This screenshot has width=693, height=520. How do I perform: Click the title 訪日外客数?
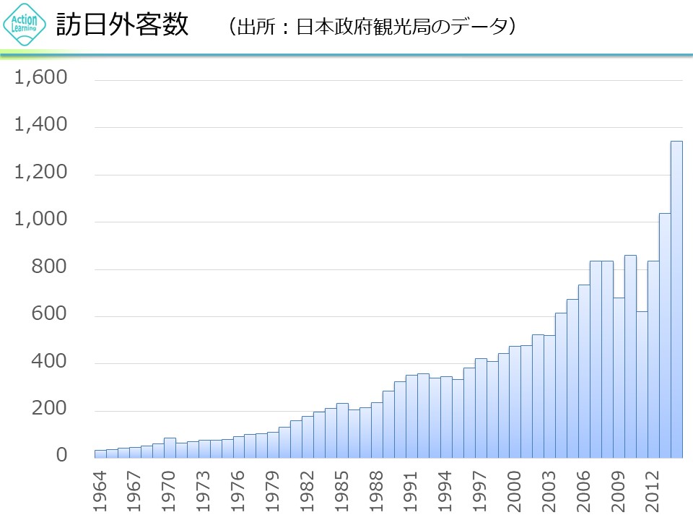click(122, 26)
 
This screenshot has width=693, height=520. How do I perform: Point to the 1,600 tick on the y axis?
click(41, 78)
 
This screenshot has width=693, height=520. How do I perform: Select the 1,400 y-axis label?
click(41, 126)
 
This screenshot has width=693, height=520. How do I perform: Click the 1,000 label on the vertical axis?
click(41, 220)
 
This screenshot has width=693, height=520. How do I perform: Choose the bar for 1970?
click(170, 448)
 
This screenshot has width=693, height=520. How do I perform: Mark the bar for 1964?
click(100, 454)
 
